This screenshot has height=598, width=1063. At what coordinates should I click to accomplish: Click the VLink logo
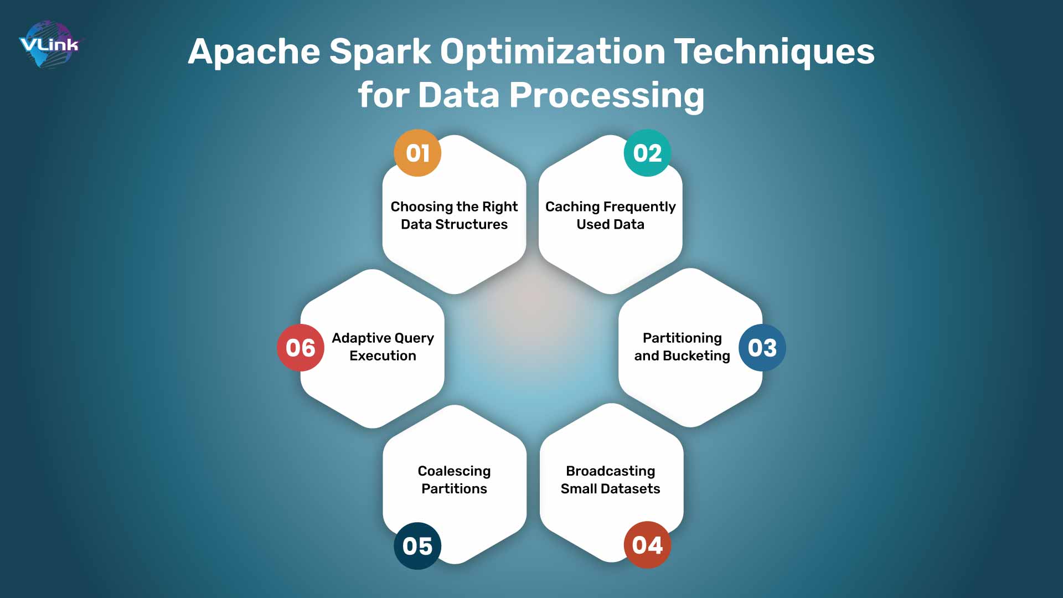[50, 44]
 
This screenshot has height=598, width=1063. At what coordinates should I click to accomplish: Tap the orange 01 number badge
[417, 153]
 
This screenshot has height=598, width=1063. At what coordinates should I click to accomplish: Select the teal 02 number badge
[647, 153]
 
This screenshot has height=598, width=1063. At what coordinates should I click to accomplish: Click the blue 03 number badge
[762, 348]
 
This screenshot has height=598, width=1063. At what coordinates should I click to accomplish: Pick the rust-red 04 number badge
[647, 545]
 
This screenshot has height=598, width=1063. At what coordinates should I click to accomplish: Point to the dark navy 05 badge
[417, 546]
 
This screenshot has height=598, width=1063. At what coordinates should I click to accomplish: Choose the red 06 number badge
[300, 348]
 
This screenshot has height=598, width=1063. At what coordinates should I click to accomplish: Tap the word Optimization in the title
[553, 51]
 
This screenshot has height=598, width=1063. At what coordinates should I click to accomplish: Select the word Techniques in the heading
[773, 51]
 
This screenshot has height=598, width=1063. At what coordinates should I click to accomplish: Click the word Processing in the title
[606, 95]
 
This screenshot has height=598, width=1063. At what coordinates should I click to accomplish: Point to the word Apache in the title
[254, 51]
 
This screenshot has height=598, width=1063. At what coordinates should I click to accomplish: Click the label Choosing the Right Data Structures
[454, 215]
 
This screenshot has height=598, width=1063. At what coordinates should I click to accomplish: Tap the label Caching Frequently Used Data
[610, 215]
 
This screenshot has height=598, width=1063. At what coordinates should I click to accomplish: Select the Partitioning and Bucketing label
[682, 347]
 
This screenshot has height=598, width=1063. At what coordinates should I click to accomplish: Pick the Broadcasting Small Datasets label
[610, 480]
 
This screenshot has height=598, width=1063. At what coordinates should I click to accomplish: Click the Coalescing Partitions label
[454, 480]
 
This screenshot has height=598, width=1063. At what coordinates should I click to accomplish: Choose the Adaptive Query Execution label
[383, 347]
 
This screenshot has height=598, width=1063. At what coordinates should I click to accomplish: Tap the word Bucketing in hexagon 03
[696, 356]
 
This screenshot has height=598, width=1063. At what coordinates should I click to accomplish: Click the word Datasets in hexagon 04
[630, 489]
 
